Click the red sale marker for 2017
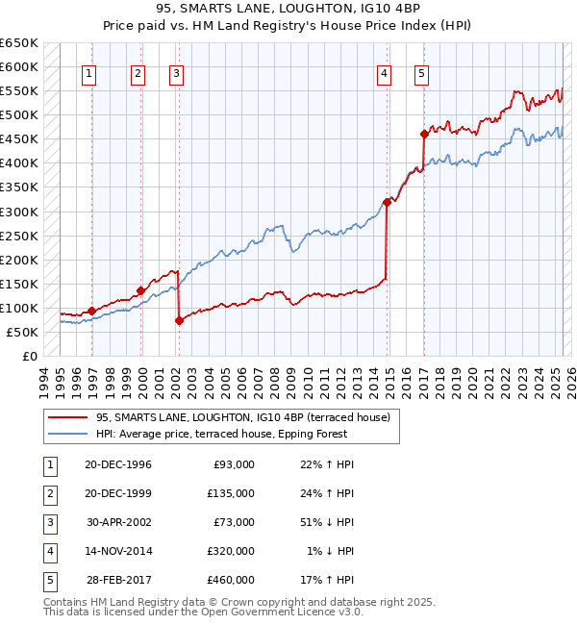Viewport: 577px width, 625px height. [424, 134]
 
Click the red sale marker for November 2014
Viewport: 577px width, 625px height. [387, 202]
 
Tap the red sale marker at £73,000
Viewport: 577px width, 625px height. [179, 321]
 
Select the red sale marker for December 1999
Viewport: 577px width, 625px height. [140, 290]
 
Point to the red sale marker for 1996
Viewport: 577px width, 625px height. [91, 311]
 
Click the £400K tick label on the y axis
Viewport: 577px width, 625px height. [19, 163]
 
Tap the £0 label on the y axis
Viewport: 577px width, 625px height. [31, 356]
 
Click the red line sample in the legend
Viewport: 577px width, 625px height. [68, 418]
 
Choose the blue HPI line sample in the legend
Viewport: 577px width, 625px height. [68, 434]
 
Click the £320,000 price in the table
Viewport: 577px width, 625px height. [231, 551]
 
